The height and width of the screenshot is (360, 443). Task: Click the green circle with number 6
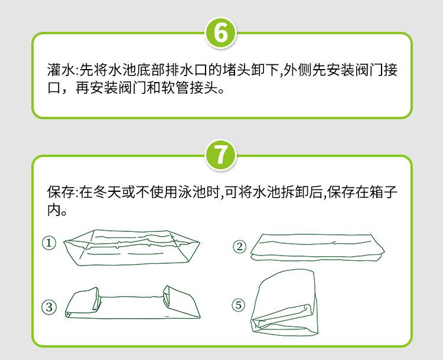point(221,32)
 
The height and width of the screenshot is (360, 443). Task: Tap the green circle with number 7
point(221,155)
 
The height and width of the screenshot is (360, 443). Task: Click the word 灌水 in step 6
point(61,70)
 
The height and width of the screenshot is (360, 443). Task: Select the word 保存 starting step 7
point(61,192)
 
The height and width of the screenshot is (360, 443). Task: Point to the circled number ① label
point(49,243)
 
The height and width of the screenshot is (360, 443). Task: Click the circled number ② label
point(240,247)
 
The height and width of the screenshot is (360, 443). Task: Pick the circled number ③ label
point(49,307)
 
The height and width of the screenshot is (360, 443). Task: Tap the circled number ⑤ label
point(239,305)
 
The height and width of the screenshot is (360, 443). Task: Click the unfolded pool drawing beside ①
point(132,248)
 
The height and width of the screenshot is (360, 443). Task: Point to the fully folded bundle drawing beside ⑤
point(285,302)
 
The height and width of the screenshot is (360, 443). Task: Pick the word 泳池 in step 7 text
point(193,192)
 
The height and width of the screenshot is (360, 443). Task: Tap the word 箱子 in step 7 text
point(383,192)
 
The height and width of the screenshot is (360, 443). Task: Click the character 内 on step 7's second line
point(54,210)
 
